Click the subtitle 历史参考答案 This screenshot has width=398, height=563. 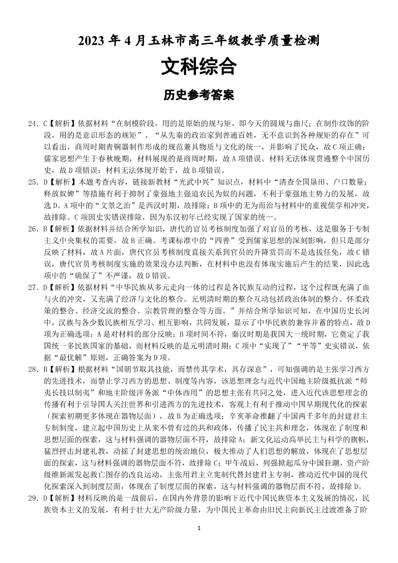point(198,95)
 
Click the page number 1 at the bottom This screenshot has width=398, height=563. point(199,542)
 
